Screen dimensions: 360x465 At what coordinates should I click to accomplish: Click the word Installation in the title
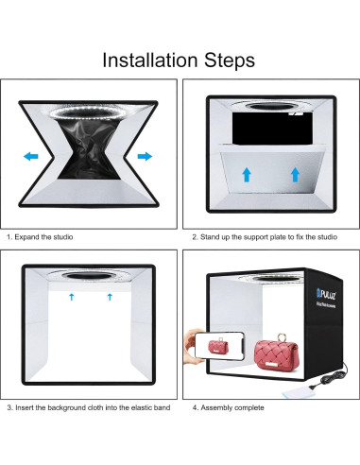[149, 60]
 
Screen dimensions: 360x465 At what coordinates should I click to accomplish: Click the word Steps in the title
[230, 60]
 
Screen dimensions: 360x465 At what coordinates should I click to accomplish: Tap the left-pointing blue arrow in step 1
[31, 156]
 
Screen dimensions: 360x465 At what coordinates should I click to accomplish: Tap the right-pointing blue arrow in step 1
[145, 156]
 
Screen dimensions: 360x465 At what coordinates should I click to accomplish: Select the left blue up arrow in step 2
[247, 175]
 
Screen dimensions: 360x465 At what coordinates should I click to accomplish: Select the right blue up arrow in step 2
[295, 175]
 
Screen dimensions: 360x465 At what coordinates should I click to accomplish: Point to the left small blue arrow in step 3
[72, 297]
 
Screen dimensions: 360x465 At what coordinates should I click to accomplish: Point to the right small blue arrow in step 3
[110, 297]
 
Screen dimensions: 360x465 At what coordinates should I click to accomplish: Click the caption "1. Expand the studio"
[40, 237]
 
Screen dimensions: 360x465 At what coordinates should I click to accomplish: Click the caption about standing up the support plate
[265, 237]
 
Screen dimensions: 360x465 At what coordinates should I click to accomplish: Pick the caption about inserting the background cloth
[89, 407]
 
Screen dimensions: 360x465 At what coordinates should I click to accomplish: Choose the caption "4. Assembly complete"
[228, 407]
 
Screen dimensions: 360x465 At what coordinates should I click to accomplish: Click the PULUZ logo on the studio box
[326, 295]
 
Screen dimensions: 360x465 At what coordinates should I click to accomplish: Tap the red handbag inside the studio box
[276, 353]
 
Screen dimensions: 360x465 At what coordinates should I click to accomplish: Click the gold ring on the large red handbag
[282, 337]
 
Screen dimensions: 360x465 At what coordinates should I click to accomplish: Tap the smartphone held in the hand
[219, 346]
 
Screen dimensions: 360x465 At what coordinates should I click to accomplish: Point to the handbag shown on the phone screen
[218, 346]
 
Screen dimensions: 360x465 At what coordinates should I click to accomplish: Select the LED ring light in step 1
[85, 112]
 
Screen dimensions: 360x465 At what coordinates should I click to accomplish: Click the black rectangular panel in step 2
[272, 128]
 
